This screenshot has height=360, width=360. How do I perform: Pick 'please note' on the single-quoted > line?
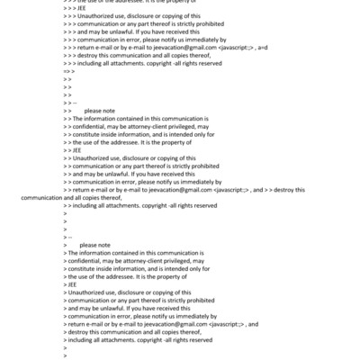(x=94, y=245)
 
